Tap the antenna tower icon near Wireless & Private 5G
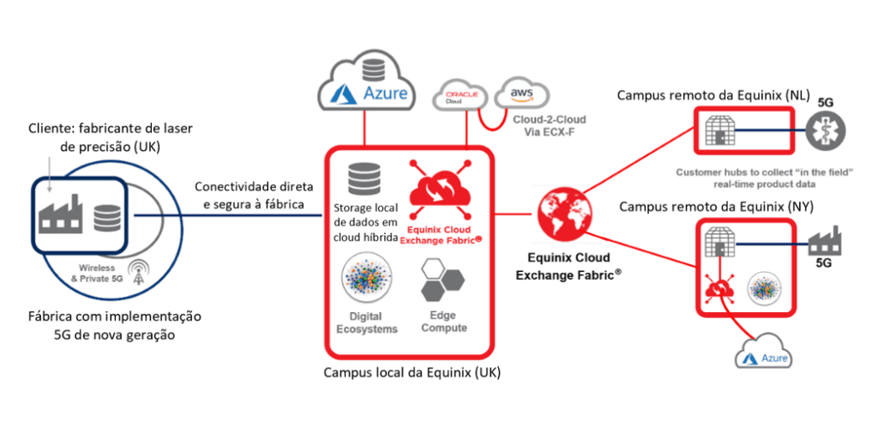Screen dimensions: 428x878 coord(137,273)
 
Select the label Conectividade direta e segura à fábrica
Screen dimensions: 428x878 coord(253,195)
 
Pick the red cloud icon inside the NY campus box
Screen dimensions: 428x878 coord(719,289)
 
